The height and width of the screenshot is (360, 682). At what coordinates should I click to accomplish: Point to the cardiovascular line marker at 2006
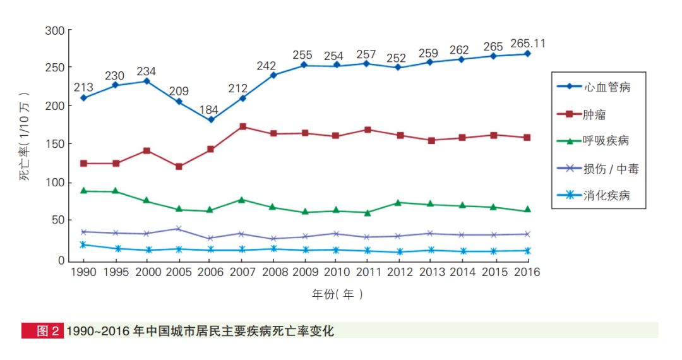(210, 119)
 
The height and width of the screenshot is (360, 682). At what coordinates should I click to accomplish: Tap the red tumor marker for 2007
(242, 126)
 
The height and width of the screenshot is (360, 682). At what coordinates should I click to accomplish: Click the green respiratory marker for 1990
(84, 191)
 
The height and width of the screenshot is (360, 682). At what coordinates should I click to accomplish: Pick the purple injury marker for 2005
(179, 229)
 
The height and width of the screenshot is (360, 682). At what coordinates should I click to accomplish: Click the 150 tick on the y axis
(56, 144)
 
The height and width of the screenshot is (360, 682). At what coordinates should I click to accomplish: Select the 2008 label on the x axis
(273, 272)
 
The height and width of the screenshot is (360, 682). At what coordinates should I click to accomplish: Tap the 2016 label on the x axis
(527, 272)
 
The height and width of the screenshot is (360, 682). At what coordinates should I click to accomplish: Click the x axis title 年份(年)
(338, 294)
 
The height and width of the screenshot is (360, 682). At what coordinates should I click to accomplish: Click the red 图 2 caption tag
(42, 331)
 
